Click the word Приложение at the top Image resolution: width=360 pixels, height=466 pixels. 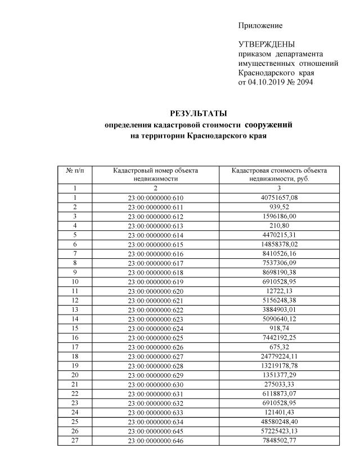(x=260, y=25)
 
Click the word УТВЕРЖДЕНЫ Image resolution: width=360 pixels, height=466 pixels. (x=267, y=44)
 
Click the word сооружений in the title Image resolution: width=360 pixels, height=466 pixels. (x=273, y=124)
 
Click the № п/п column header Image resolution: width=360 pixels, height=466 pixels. (x=75, y=170)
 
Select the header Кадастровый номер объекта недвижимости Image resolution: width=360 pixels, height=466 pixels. (x=156, y=174)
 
